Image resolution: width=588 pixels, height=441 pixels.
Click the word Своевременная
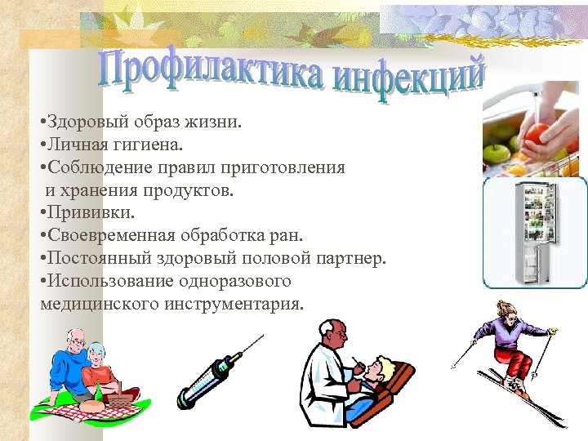point(111,236)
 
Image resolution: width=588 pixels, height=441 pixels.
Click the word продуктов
point(193,191)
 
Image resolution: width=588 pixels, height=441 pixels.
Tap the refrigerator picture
point(535,232)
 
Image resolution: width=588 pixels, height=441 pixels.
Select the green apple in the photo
point(497,153)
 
